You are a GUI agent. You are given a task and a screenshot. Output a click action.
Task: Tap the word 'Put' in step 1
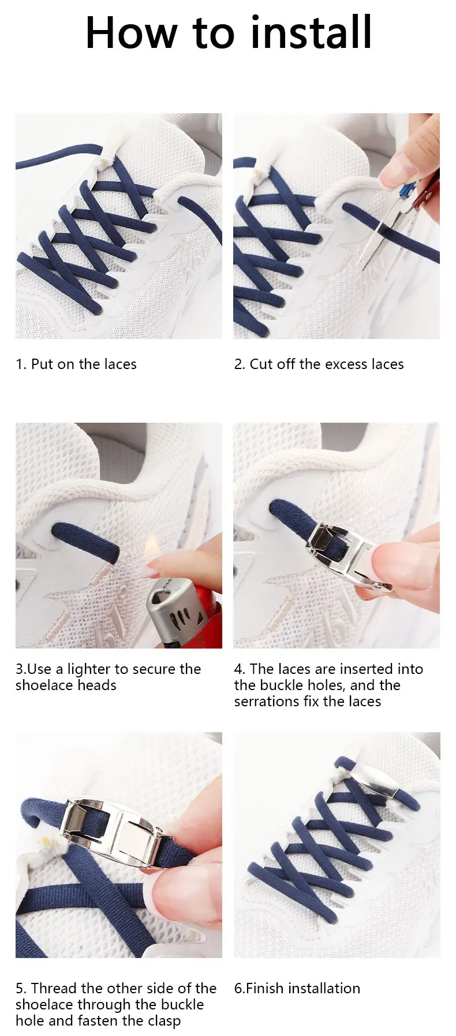pyautogui.click(x=42, y=364)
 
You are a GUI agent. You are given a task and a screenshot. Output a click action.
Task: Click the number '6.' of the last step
pyautogui.click(x=240, y=988)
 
